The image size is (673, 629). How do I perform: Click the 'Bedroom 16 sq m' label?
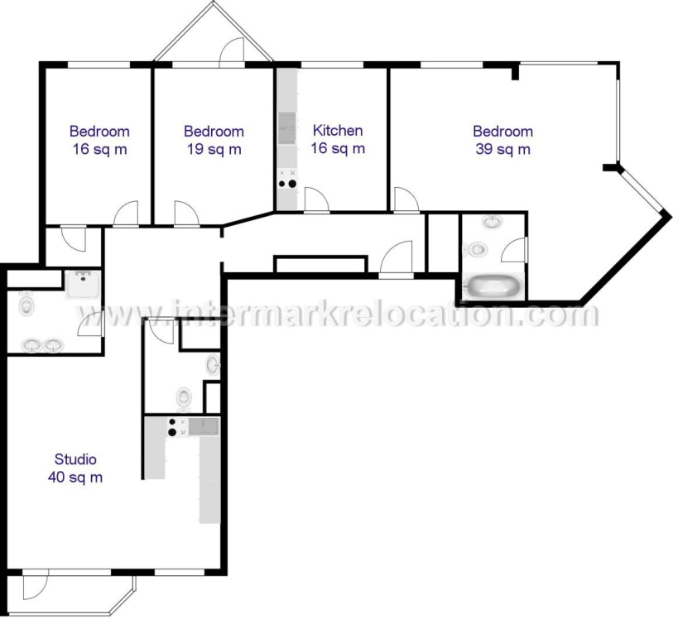[99, 140]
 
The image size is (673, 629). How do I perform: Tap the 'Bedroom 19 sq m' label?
[214, 140]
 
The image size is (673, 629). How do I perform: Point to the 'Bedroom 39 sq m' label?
[502, 140]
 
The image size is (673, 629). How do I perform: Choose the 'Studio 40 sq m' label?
[75, 468]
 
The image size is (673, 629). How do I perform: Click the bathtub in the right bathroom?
[493, 287]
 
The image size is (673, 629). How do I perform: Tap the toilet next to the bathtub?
[476, 249]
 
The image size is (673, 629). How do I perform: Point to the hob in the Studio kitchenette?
[173, 426]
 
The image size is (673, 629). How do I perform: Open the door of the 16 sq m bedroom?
[126, 214]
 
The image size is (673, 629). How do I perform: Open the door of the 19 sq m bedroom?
[186, 214]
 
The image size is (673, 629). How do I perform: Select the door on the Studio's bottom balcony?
[35, 587]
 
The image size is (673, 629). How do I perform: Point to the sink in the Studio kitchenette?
[203, 426]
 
